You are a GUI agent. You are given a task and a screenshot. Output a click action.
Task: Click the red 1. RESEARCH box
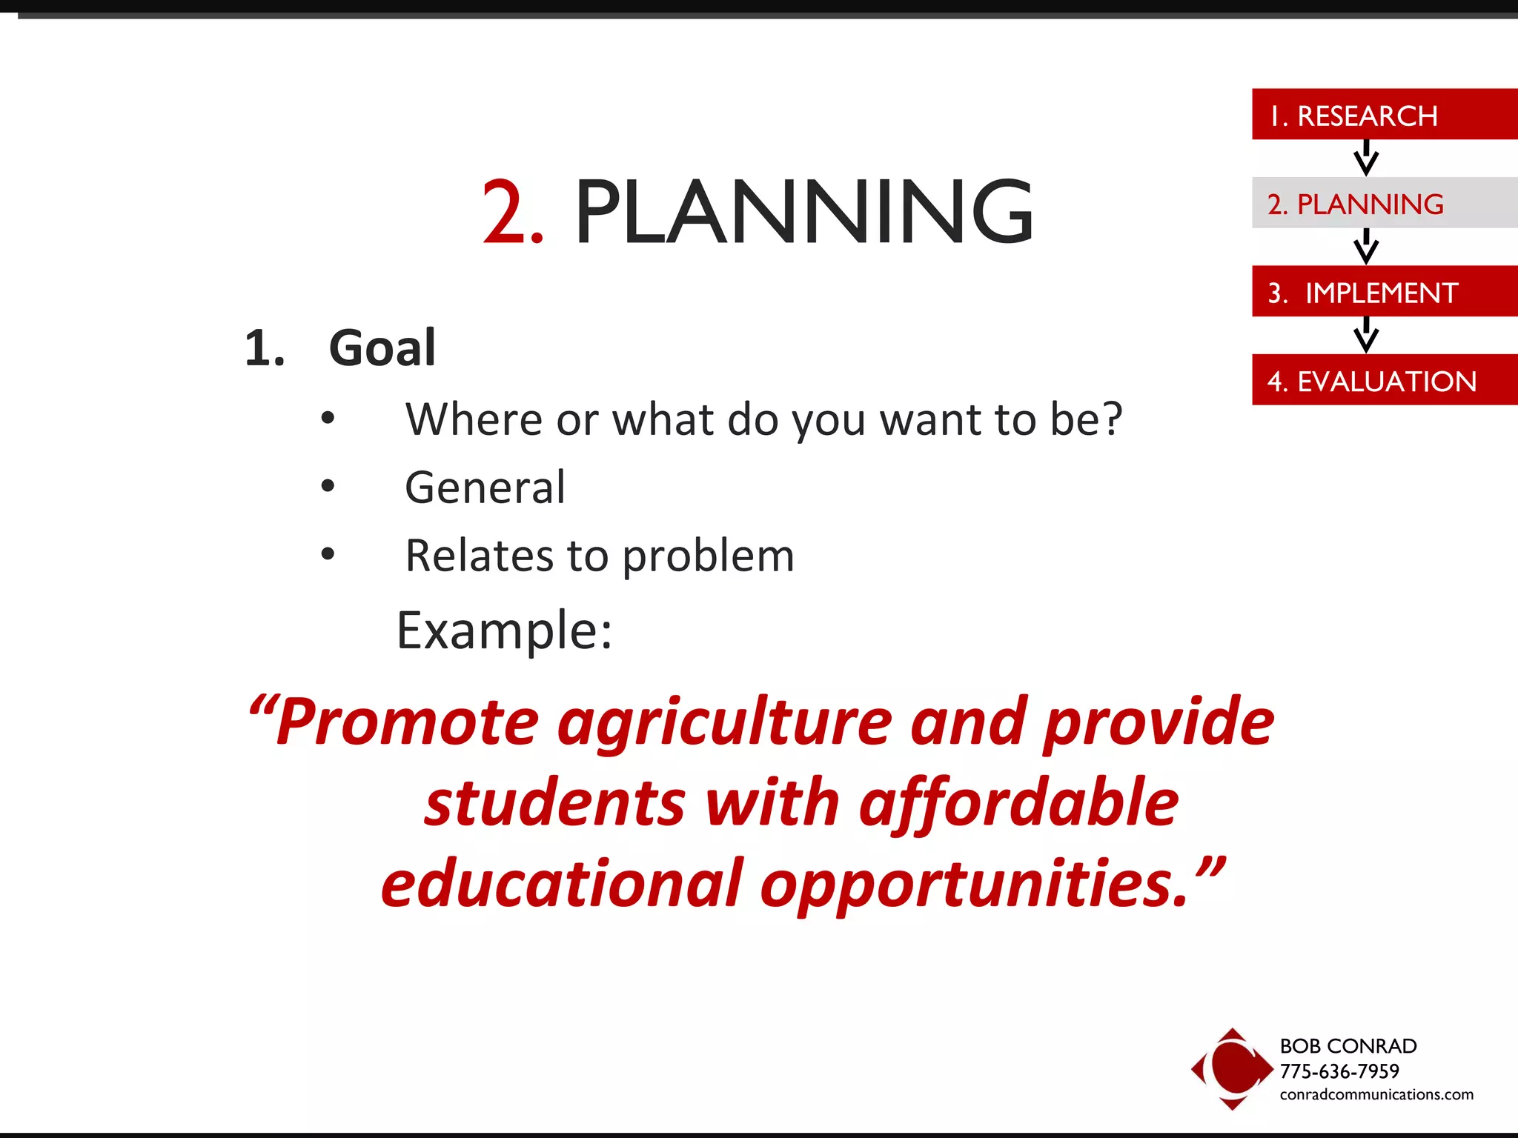click(x=1383, y=115)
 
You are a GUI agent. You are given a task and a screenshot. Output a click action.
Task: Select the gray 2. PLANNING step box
click(x=1383, y=203)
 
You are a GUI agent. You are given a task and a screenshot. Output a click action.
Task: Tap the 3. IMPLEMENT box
click(x=1383, y=292)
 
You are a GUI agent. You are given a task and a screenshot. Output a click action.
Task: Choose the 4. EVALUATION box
click(x=1383, y=380)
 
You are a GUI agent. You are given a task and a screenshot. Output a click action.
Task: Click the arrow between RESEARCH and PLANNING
click(x=1365, y=158)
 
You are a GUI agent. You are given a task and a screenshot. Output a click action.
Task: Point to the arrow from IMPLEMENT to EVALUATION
click(x=1365, y=335)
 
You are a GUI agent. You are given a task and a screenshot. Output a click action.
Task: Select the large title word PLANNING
click(x=803, y=213)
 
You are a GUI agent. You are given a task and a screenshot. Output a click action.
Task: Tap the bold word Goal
click(x=382, y=347)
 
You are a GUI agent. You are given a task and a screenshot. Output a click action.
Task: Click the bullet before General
click(x=328, y=487)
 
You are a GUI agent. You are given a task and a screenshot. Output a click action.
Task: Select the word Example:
click(x=505, y=630)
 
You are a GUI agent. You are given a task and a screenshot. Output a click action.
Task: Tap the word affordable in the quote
click(x=1018, y=803)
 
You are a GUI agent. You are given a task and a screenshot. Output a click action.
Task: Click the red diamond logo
click(x=1232, y=1068)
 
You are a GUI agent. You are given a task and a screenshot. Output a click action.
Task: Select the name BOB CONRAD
click(x=1348, y=1046)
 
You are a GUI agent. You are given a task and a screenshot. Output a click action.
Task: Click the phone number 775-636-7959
click(x=1339, y=1071)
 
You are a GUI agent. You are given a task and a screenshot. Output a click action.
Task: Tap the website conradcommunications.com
click(x=1376, y=1094)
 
